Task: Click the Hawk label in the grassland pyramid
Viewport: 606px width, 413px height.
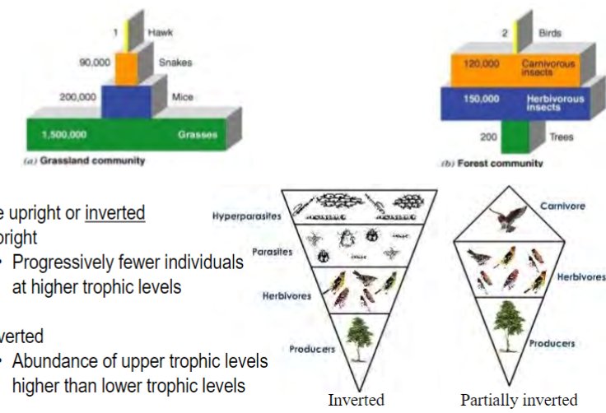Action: (x=161, y=32)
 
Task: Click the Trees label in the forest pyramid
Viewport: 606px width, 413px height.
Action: (x=562, y=137)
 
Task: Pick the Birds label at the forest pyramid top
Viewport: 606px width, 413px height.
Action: (x=549, y=33)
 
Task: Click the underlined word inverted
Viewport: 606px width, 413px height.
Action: (x=114, y=213)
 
